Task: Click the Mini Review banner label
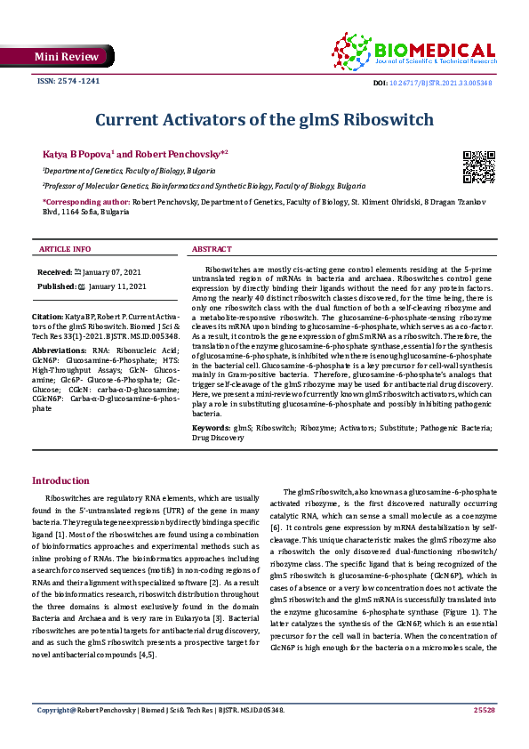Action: coord(55,56)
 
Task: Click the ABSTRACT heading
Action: coord(214,249)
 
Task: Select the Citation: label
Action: coord(47,317)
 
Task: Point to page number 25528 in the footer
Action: coord(484,735)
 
